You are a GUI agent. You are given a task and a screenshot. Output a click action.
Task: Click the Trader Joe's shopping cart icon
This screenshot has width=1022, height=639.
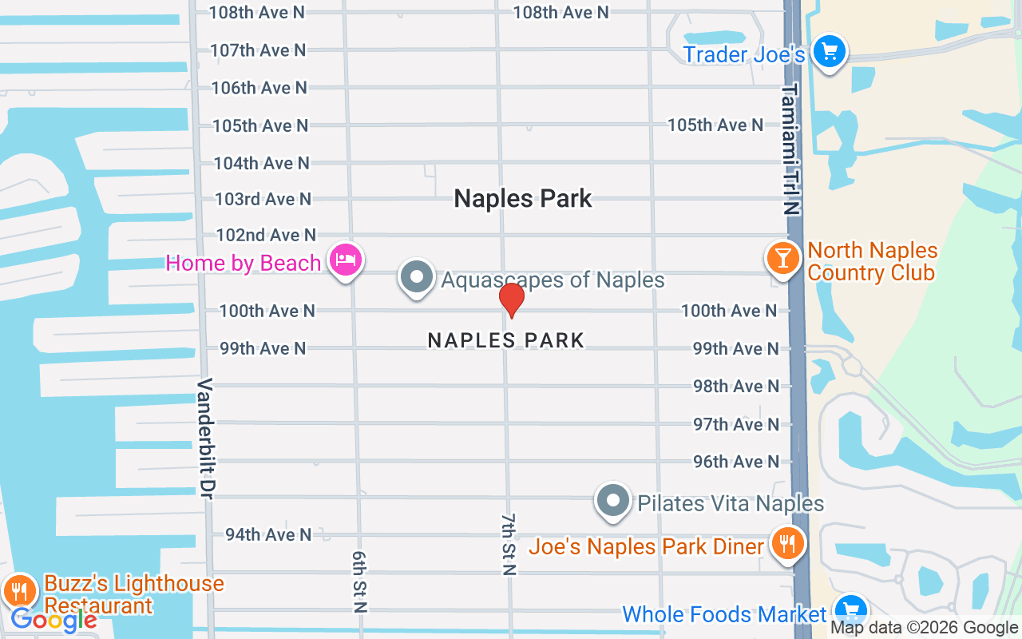pyautogui.click(x=830, y=53)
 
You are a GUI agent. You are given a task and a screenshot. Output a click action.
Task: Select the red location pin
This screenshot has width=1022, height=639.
pyautogui.click(x=511, y=300)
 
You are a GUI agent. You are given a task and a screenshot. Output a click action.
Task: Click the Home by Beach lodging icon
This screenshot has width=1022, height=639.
pyautogui.click(x=347, y=260)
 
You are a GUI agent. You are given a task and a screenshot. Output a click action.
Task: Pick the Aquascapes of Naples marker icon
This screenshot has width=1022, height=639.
pyautogui.click(x=416, y=278)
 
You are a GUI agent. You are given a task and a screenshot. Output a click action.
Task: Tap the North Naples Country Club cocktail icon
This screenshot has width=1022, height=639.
pyautogui.click(x=783, y=258)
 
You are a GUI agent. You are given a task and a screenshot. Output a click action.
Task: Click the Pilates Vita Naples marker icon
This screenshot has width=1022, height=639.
pyautogui.click(x=613, y=501)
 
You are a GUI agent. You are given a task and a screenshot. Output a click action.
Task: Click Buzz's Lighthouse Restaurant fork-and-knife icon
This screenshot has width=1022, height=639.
pyautogui.click(x=19, y=591)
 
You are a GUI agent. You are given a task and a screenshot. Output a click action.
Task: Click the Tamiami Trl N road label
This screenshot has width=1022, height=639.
pyautogui.click(x=790, y=149)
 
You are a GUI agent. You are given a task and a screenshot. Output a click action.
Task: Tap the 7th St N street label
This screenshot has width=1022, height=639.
pyautogui.click(x=509, y=544)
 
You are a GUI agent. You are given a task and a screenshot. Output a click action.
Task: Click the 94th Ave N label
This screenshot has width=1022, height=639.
pyautogui.click(x=268, y=534)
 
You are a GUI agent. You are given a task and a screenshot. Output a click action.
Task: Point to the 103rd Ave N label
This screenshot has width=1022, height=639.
pyautogui.click(x=263, y=199)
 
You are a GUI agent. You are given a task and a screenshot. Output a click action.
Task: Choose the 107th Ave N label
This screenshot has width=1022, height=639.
pyautogui.click(x=258, y=50)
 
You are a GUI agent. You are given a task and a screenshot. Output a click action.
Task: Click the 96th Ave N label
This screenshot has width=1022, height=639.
pyautogui.click(x=736, y=462)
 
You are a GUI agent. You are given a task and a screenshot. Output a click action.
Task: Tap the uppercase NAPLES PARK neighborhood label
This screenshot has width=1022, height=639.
pyautogui.click(x=506, y=340)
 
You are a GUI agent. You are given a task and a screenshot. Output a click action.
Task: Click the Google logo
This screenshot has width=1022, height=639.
pyautogui.click(x=53, y=620)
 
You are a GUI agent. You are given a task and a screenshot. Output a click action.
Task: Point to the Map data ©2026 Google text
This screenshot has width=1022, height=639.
pyautogui.click(x=924, y=628)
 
